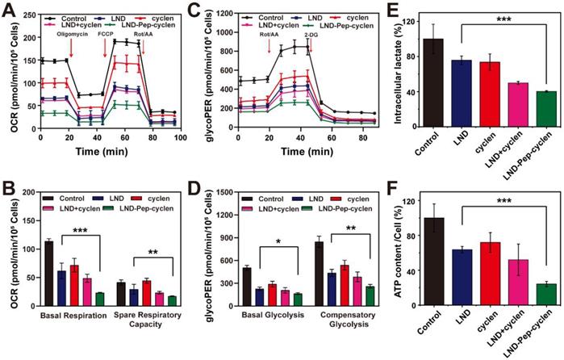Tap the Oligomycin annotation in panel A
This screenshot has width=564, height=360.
coord(70,35)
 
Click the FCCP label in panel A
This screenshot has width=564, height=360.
coord(106,35)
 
